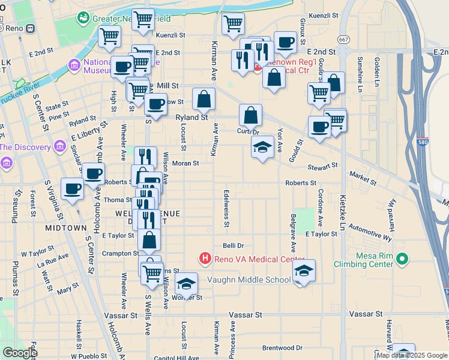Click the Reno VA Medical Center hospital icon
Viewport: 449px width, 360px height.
coord(205,259)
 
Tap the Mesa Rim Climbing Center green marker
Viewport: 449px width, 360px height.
coord(403,260)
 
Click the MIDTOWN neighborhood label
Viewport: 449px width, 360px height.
coord(66,228)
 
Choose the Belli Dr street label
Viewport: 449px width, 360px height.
coord(233,245)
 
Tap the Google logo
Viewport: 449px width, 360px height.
coord(19,353)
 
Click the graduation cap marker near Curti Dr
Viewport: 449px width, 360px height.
coord(262,148)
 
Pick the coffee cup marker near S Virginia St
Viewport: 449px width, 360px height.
coord(73,190)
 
